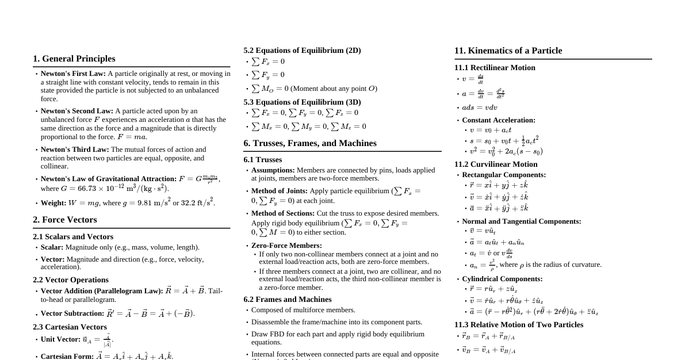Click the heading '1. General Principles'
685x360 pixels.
pos(74,59)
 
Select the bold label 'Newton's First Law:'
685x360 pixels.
pos(73,74)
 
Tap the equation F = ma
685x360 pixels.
pos(132,137)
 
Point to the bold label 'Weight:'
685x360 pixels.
pos(53,203)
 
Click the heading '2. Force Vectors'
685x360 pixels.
pos(64,220)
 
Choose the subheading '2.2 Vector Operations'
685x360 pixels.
pos(70,279)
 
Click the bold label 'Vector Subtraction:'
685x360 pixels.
pos(72,313)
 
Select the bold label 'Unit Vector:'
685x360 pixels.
pos(60,339)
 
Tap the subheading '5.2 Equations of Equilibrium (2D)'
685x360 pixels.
pos(302,51)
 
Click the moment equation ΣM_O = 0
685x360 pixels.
pos(270,89)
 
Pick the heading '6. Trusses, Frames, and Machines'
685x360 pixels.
pos(309,143)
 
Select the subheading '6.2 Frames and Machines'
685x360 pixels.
pos(287,300)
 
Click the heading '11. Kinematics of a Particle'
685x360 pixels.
pos(508,51)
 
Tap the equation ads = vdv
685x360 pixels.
pos(479,108)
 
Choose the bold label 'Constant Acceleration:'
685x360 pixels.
pos(498,120)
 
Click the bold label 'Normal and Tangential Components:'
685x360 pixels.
pos(521,221)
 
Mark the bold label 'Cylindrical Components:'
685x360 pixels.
pos(502,279)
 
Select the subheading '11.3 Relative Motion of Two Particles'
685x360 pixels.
pos(518,325)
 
